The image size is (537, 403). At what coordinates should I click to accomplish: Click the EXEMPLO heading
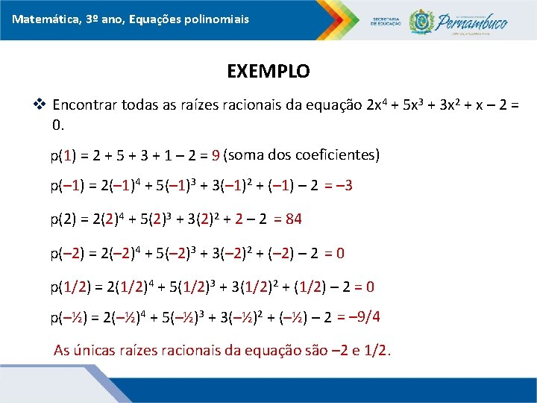point(268,72)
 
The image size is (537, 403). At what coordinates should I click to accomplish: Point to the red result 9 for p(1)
point(215,156)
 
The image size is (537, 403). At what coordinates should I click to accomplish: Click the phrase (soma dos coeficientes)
point(301,155)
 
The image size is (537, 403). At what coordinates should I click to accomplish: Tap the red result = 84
point(288,219)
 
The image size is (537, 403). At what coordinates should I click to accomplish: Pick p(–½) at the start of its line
point(66,319)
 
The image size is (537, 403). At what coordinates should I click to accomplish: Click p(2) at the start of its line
point(63,219)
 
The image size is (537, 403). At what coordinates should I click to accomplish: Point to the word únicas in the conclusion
point(101,351)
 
